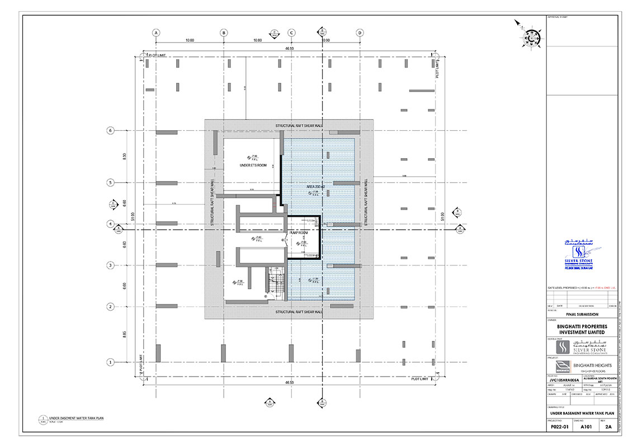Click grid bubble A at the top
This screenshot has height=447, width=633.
point(156,32)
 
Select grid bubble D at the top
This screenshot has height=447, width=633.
point(360,32)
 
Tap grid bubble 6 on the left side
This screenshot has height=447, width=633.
point(110,130)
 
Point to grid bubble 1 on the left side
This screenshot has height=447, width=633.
point(110,362)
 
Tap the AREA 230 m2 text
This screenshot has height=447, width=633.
point(316,186)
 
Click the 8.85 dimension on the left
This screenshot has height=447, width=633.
point(125,334)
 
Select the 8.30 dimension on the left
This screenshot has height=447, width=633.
point(125,156)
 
